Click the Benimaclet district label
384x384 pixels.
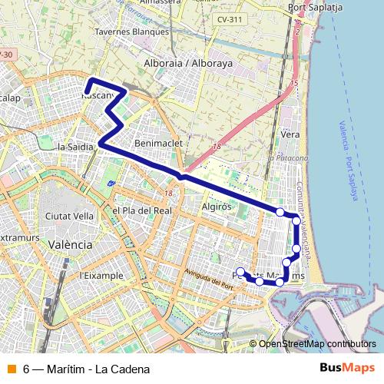[x=156, y=143]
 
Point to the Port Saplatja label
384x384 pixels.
[x=314, y=7]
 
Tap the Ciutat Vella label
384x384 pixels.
[x=70, y=217]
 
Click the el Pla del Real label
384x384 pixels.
[x=141, y=210]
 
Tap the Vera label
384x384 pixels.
[x=290, y=134]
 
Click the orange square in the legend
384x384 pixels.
[x=11, y=369]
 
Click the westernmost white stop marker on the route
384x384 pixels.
[x=240, y=271]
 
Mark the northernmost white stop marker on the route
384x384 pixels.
[x=280, y=212]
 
